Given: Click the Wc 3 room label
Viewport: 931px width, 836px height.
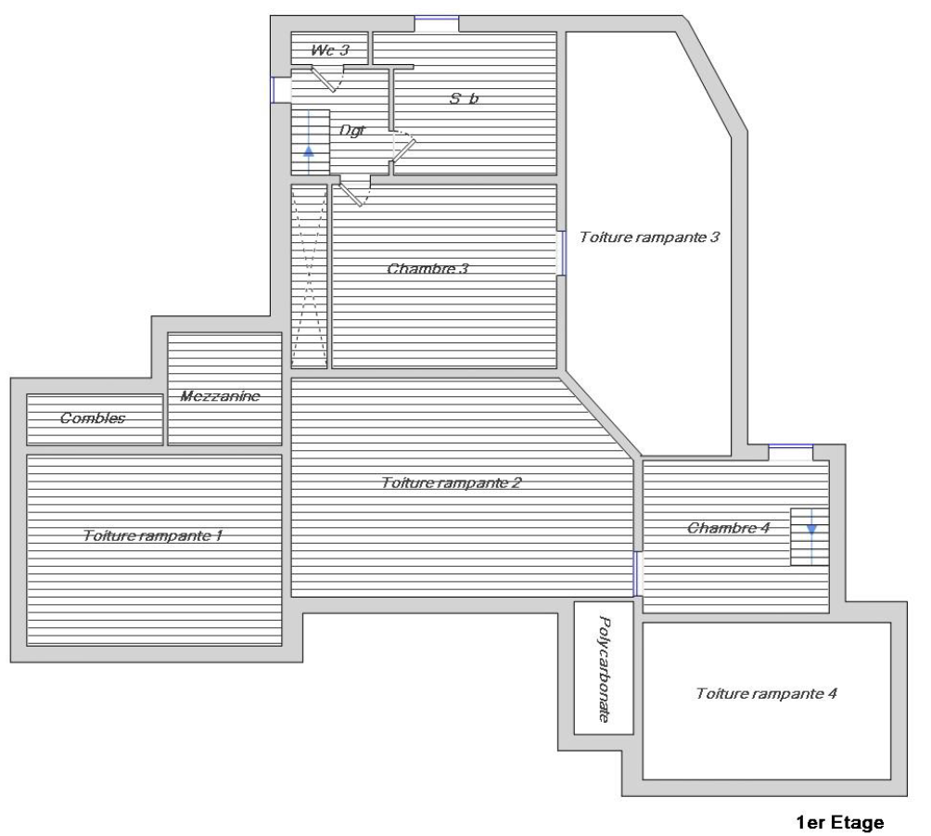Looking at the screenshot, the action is (x=330, y=50).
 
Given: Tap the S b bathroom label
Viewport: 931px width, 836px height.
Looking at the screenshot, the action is (x=465, y=98).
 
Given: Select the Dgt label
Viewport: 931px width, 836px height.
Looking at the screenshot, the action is (x=352, y=130).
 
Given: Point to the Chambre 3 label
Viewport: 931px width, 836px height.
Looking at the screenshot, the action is (x=427, y=268).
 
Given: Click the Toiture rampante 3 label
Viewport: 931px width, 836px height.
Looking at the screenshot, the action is (x=649, y=238).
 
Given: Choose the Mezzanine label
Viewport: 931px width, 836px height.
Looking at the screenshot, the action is (x=221, y=395).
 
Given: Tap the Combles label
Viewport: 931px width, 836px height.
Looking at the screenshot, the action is (x=93, y=418).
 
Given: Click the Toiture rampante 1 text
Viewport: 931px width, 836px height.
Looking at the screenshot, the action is (x=153, y=535).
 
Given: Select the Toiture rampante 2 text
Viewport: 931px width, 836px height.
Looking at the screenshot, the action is (x=452, y=482).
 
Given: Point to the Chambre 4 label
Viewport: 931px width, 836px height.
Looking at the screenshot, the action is (x=729, y=528).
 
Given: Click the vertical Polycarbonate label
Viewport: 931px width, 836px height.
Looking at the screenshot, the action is (x=604, y=669).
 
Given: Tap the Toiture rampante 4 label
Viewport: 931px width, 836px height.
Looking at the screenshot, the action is (x=767, y=693).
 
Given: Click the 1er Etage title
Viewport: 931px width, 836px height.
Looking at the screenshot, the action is (x=839, y=823).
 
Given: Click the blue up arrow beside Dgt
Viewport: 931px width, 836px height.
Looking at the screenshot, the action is (x=309, y=143).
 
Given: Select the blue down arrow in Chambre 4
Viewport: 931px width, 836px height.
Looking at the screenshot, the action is (x=811, y=537).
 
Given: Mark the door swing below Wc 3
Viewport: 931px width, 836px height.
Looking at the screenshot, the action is (x=327, y=80).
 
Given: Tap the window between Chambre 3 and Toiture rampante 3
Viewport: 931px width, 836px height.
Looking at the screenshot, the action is (x=561, y=253).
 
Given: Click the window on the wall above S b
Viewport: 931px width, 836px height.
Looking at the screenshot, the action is (x=437, y=24).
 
